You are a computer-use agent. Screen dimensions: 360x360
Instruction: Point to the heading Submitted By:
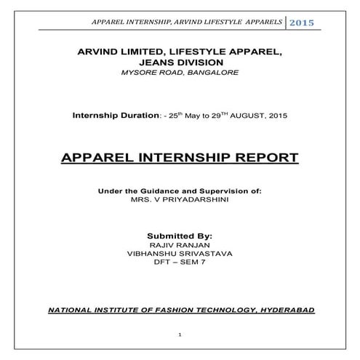click(180, 236)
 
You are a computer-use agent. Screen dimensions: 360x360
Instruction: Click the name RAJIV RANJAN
click(180, 246)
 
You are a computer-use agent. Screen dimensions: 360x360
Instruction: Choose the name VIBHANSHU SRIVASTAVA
click(180, 255)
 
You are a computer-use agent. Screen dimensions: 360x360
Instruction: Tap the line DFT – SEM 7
click(180, 265)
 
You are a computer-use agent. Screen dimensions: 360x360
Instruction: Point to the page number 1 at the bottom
click(180, 335)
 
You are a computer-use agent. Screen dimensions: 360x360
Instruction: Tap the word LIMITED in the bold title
click(148, 52)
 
